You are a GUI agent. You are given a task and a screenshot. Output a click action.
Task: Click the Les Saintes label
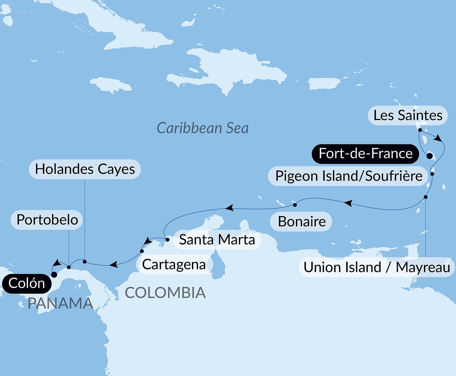[x=408, y=116]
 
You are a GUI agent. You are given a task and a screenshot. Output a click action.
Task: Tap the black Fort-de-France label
[x=365, y=154]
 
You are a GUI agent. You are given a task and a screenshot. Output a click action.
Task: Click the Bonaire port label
[x=301, y=222]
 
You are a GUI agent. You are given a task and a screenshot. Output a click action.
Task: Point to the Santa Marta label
[x=217, y=240]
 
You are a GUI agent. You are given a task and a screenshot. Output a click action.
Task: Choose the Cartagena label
[x=174, y=264]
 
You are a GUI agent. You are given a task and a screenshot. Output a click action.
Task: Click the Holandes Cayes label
[x=85, y=169]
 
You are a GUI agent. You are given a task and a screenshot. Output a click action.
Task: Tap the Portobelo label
[x=47, y=220]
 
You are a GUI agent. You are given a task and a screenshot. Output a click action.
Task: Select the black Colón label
[x=26, y=284]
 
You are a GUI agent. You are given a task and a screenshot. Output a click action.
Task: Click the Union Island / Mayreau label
[x=377, y=267]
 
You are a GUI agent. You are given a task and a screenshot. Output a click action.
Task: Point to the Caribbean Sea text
[x=203, y=128]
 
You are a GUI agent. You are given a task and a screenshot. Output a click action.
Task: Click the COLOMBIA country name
[x=165, y=293]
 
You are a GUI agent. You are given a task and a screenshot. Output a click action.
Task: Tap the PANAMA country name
[x=60, y=303]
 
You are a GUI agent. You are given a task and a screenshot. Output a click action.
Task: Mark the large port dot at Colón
[x=54, y=275]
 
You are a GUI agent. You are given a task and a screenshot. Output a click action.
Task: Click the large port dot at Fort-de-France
[x=430, y=156]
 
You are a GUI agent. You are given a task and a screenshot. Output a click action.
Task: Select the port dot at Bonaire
[x=295, y=205]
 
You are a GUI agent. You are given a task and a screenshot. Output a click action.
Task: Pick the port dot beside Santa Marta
[x=167, y=240]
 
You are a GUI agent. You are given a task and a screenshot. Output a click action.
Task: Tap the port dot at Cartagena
[x=142, y=251]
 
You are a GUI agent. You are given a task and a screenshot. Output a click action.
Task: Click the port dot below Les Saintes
[x=420, y=130]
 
